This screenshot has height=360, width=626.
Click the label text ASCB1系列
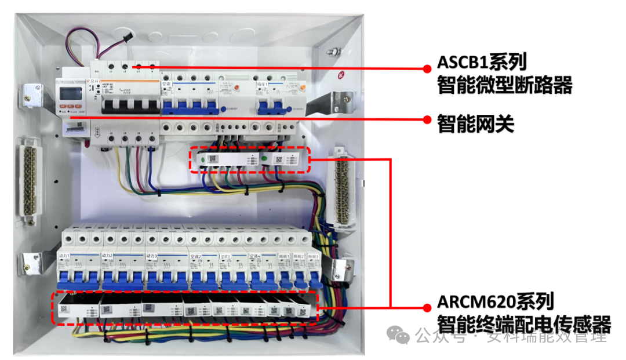pyautogui.click(x=482, y=61)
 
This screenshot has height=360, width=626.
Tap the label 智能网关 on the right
pyautogui.click(x=476, y=123)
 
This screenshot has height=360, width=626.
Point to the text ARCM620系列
pyautogui.click(x=496, y=301)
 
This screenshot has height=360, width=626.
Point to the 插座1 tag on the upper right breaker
pyautogui.click(x=264, y=85)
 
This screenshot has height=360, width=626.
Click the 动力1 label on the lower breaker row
pyautogui.click(x=64, y=256)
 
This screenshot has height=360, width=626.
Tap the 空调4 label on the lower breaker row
pyautogui.click(x=256, y=256)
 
